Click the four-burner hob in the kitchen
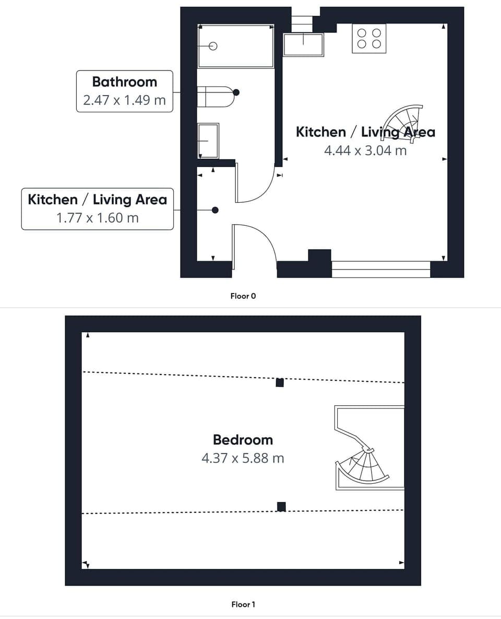point(369,39)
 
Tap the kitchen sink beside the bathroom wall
point(303,44)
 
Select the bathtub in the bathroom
point(236,46)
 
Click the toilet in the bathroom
point(215,97)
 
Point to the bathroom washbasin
point(208,141)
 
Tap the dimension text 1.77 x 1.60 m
point(98,217)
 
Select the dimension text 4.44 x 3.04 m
point(365,150)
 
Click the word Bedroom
point(243,440)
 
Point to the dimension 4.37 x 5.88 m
point(243,458)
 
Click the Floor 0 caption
point(243,296)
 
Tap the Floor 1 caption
point(243,604)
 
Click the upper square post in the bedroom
point(280,382)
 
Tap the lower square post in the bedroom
point(281,506)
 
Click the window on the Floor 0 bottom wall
point(381,269)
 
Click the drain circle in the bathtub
point(212,46)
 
